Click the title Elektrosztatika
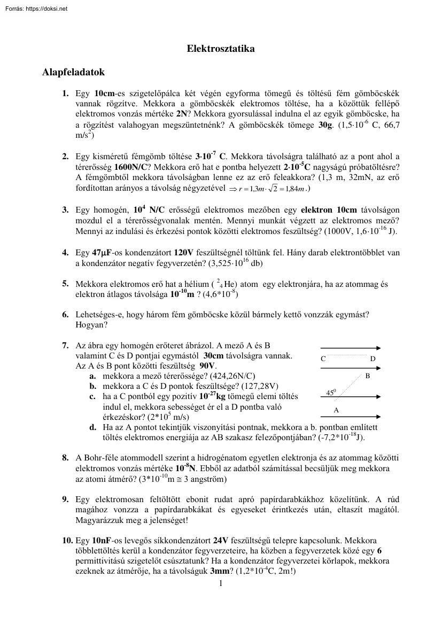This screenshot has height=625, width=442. click(x=220, y=49)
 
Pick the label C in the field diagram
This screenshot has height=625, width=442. click(x=323, y=359)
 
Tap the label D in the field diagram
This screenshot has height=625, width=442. click(x=373, y=359)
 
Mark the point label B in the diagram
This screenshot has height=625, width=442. click(x=367, y=376)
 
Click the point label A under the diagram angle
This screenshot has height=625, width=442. click(x=336, y=410)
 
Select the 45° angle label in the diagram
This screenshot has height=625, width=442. click(x=331, y=393)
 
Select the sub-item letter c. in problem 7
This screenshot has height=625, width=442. click(x=92, y=397)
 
